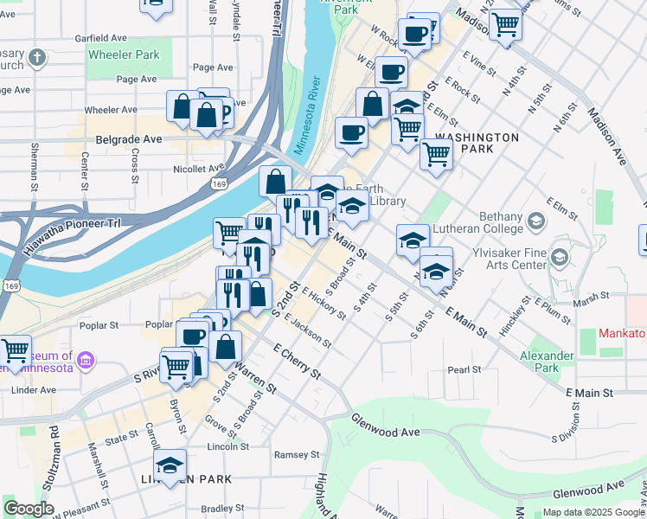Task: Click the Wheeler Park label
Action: [124, 54]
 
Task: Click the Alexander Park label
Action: [547, 362]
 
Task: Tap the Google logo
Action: [29, 508]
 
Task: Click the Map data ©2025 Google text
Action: [593, 512]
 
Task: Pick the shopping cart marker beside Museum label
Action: [15, 350]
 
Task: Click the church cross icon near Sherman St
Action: [36, 57]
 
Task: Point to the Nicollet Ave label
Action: [198, 169]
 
